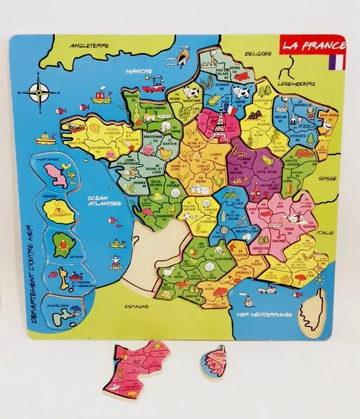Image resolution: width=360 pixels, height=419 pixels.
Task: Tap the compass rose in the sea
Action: point(38,91)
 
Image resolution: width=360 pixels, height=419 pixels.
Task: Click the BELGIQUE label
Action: point(259,52)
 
